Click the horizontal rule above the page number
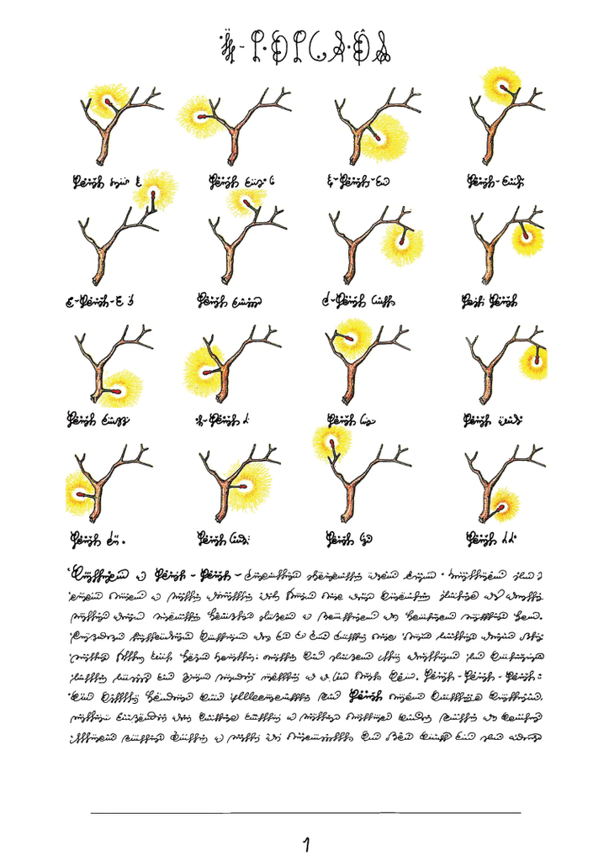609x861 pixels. click(x=304, y=812)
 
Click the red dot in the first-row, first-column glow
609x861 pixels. click(x=107, y=103)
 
